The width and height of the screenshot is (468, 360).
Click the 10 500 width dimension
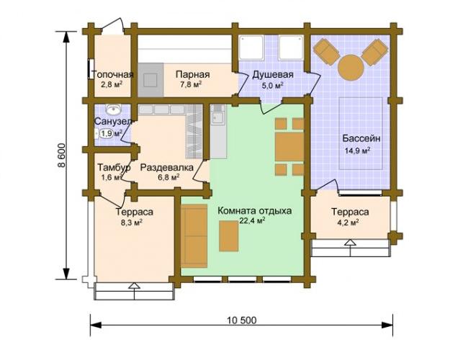[x=241, y=320]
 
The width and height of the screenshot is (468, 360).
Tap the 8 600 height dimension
[x=61, y=156]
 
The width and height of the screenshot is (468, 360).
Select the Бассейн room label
[x=361, y=138]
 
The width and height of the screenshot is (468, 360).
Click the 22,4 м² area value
[x=252, y=220]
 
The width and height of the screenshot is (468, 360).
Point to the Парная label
[x=192, y=74]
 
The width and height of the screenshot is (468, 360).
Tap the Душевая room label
[x=273, y=74]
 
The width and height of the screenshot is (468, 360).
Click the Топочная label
[x=112, y=74]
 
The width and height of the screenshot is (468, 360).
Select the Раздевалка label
[x=166, y=168]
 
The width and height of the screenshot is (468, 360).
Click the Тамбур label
[x=114, y=168]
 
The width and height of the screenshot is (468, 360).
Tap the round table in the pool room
[x=351, y=66]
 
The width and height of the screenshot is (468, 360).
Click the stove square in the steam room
[x=150, y=81]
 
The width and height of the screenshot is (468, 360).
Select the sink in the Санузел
[x=114, y=109]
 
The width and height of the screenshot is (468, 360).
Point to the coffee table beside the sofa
[x=229, y=236]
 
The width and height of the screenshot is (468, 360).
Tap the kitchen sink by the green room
[x=218, y=118]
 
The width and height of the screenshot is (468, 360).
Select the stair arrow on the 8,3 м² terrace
[x=135, y=286]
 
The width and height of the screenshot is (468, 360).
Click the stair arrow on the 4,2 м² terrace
[x=350, y=243]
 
